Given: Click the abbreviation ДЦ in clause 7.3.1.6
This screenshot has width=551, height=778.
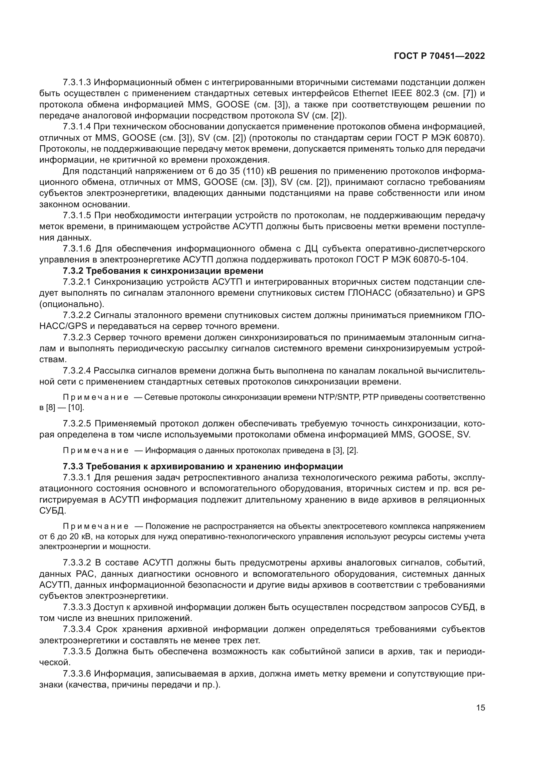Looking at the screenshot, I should click(308, 249).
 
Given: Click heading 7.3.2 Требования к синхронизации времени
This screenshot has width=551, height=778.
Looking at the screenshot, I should click(163, 271).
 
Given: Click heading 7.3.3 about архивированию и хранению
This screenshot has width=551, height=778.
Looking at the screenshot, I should click(203, 467).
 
